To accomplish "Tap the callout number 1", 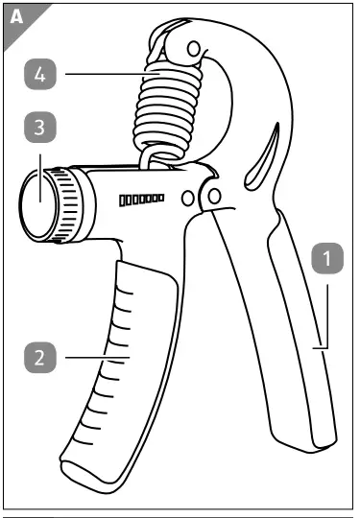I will [x=328, y=257].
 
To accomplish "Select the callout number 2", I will [x=39, y=358].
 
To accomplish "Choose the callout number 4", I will [x=39, y=72].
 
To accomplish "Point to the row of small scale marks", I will [x=140, y=199].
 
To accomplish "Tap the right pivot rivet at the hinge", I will [x=214, y=197].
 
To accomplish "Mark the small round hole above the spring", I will [x=195, y=49].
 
